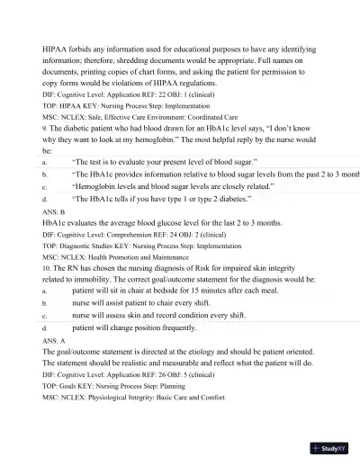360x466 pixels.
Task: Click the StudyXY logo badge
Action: tap(331, 447)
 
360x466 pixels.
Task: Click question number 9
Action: tap(45, 128)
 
